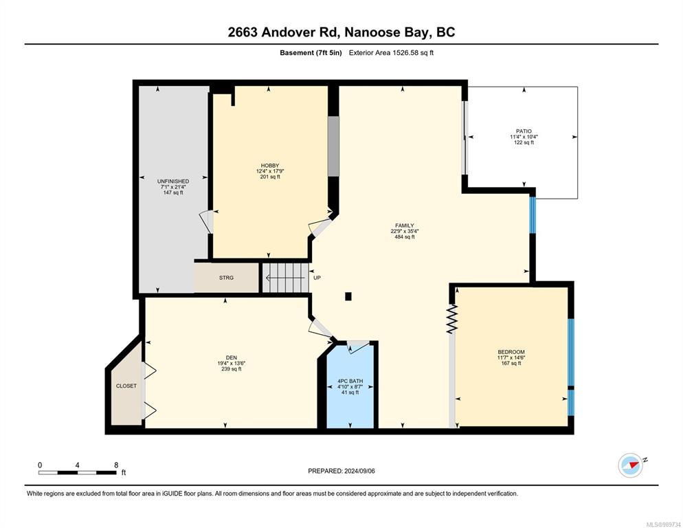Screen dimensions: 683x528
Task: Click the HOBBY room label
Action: click(x=270, y=166)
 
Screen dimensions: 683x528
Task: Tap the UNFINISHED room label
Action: click(x=173, y=181)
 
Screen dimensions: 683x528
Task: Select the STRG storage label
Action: click(x=227, y=278)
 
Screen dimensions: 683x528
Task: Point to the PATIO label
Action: click(x=524, y=131)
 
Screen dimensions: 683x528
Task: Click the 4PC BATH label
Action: click(x=350, y=381)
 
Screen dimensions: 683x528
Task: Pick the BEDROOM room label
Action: click(x=511, y=352)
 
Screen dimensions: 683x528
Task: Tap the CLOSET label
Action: click(x=126, y=386)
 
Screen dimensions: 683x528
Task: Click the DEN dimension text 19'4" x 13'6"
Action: click(x=232, y=363)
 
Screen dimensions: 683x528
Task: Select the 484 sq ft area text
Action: click(x=405, y=237)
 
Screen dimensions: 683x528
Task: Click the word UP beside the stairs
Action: click(x=317, y=278)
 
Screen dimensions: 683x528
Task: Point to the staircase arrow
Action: click(x=285, y=278)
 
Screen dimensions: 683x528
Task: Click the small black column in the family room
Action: click(x=348, y=296)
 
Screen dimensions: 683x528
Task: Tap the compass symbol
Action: click(x=631, y=465)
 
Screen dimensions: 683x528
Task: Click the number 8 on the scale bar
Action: click(x=116, y=465)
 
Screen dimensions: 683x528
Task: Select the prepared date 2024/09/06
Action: click(x=359, y=471)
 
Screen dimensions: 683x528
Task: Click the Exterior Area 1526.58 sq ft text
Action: click(x=391, y=53)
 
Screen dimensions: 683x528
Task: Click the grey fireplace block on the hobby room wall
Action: click(x=333, y=146)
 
